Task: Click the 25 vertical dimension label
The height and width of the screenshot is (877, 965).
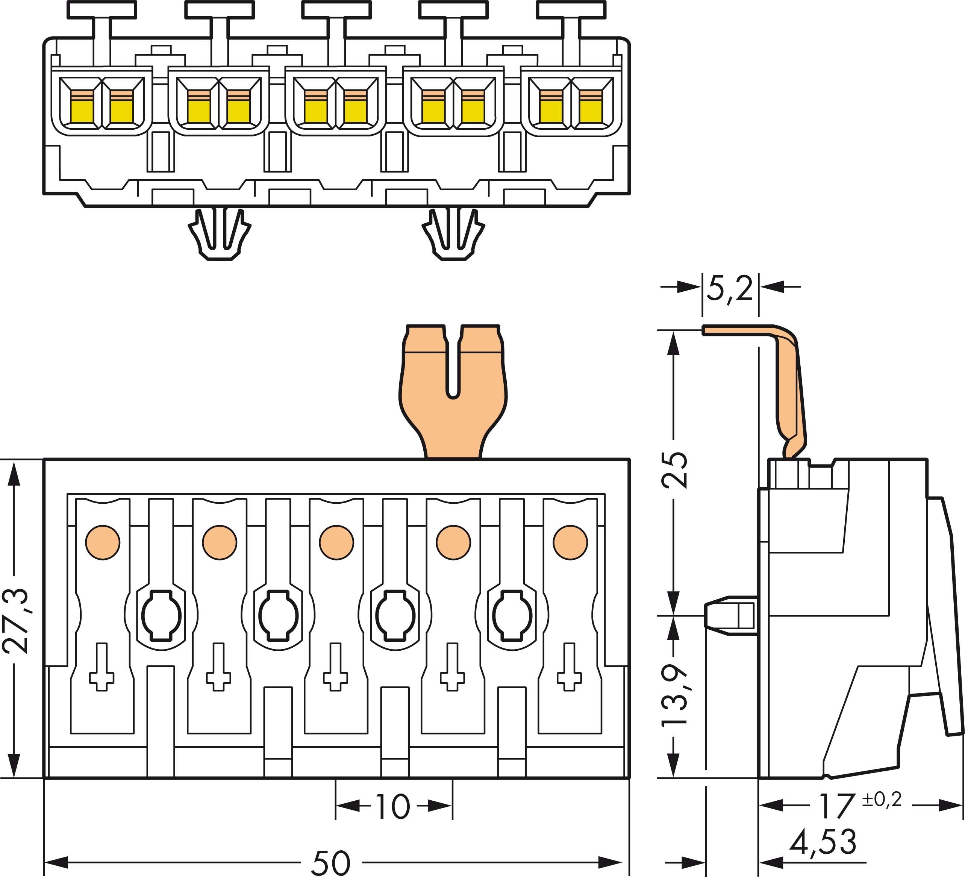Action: (x=674, y=470)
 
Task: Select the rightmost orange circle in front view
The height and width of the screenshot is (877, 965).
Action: (x=570, y=542)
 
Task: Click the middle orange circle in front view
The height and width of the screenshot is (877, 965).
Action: (x=336, y=542)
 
